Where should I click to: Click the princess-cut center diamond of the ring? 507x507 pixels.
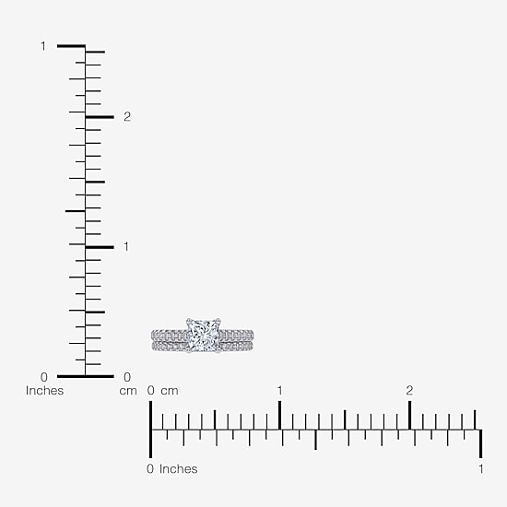204,336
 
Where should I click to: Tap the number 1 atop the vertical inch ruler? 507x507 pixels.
43,46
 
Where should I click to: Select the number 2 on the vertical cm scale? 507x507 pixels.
127,117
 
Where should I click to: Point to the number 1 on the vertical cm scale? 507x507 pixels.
126,247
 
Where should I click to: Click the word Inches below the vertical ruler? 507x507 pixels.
44,391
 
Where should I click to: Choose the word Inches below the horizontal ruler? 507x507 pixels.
179,469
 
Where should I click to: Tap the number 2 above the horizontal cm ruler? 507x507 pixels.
409,391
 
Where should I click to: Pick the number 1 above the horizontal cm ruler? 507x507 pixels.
279,391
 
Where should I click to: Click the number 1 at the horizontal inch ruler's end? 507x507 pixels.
481,469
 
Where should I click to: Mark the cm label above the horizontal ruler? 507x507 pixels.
170,391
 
